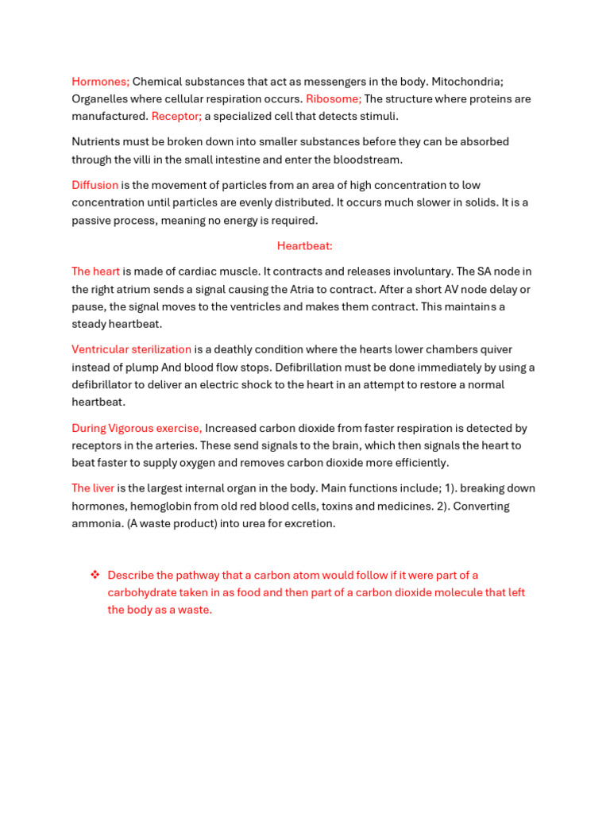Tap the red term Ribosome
[x=333, y=99]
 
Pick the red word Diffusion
[x=95, y=186]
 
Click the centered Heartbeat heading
[x=305, y=246]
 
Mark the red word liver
[x=103, y=489]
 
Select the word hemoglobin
[x=152, y=507]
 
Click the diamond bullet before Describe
[x=95, y=575]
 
